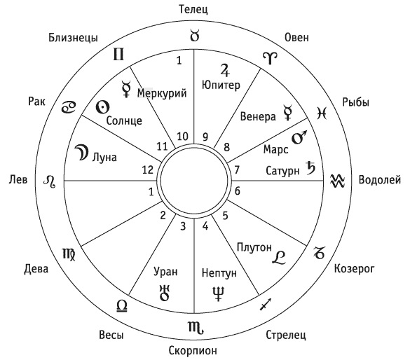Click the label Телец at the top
pos(193,9)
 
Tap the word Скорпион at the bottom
pos(193,350)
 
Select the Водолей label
pos(379,180)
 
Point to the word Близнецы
pos(73,38)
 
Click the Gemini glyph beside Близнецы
pos(118,54)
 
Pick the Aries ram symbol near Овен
pos(270,58)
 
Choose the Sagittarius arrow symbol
pos(266,305)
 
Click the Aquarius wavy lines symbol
pos(338,181)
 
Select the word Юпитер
pos(221,85)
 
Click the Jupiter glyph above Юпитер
pos(224,70)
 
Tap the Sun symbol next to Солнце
pos(102,107)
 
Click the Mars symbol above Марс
pos(299,137)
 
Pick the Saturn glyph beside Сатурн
pos(311,168)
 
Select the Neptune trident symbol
pos(219,293)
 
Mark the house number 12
pos(148,169)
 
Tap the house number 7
pos(237,169)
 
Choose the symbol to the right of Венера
pos(287,113)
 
